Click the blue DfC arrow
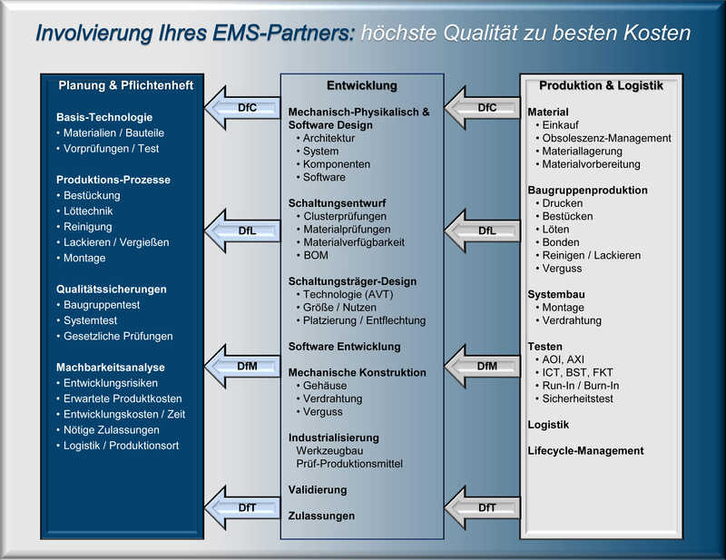(x=242, y=108)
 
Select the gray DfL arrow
(x=482, y=231)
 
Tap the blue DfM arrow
(x=242, y=367)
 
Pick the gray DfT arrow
(x=482, y=508)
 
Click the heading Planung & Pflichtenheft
(x=126, y=85)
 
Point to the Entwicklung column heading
(x=362, y=85)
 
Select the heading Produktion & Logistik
(x=601, y=85)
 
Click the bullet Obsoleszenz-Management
(x=606, y=138)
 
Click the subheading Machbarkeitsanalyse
(x=110, y=368)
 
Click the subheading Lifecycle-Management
(x=585, y=451)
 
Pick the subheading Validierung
(x=318, y=489)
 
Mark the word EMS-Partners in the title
(x=284, y=33)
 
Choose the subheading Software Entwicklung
(x=345, y=347)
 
